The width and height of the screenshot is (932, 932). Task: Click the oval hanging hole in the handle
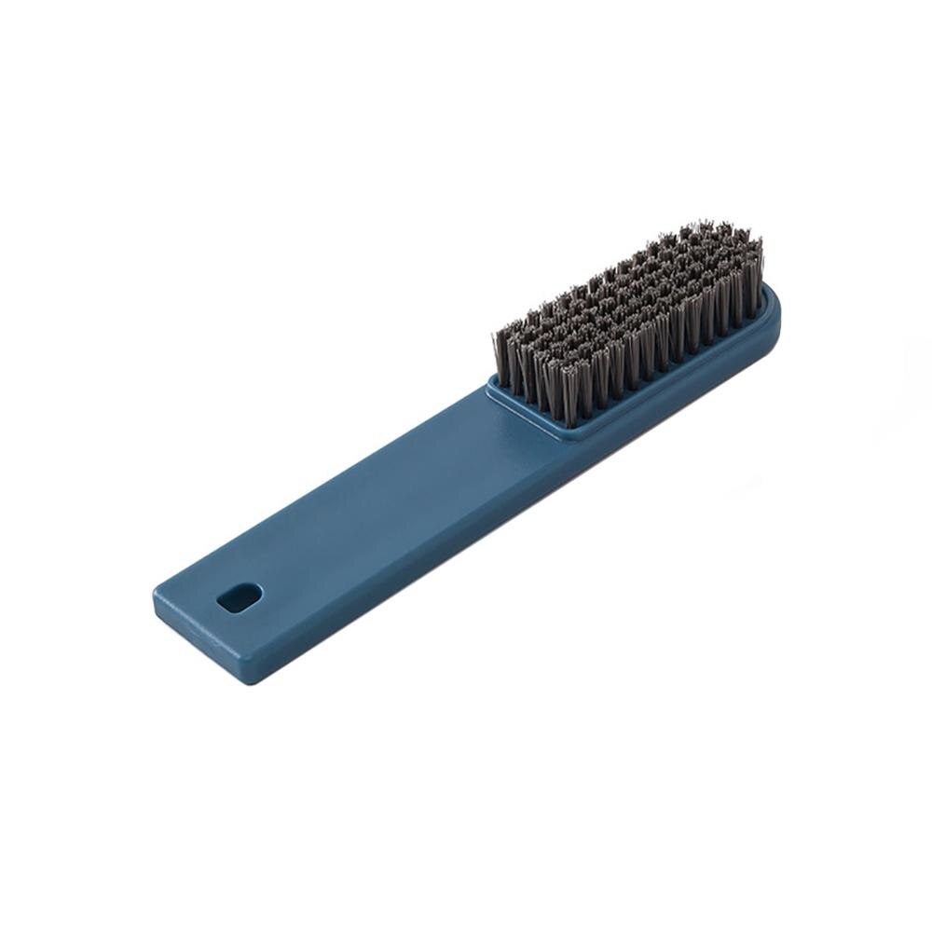tap(240, 597)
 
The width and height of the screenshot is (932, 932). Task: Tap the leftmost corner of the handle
tap(155, 591)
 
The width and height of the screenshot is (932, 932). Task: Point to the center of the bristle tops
tap(634, 298)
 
